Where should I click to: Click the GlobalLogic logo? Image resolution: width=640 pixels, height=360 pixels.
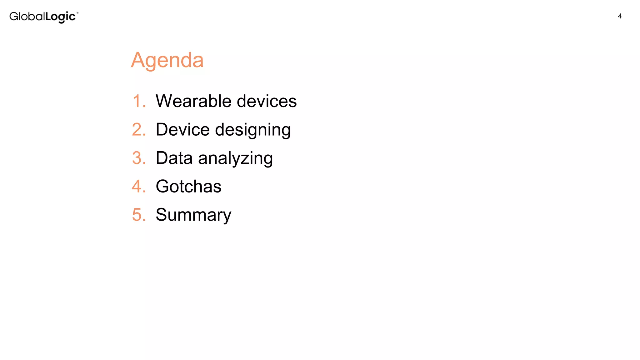[x=43, y=17]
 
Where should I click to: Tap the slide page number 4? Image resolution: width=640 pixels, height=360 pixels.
[x=620, y=16]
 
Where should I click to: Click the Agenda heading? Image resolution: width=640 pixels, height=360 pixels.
[x=167, y=60]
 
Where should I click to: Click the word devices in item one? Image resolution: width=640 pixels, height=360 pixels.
[x=267, y=101]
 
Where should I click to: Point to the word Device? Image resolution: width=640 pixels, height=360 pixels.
[x=182, y=129]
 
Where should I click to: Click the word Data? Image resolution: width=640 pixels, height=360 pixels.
[x=174, y=158]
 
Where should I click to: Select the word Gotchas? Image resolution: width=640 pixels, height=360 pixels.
[x=188, y=186]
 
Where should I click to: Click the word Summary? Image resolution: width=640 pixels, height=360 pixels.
[x=193, y=215]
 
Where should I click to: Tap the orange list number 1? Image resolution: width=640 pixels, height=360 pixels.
[x=138, y=101]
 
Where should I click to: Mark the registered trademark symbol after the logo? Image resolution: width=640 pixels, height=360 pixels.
[x=77, y=13]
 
